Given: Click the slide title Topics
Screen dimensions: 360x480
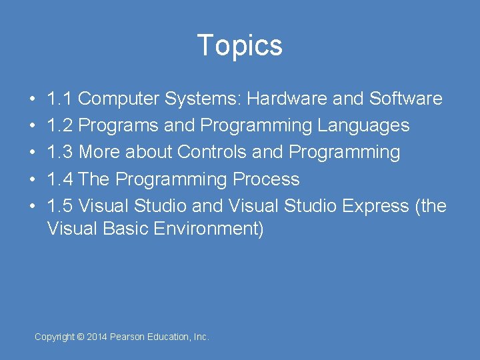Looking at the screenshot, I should (240, 45).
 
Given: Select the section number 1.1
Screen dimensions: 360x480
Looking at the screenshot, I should (60, 99).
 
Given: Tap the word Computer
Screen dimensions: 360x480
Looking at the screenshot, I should (118, 99).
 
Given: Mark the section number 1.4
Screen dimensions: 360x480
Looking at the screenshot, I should (60, 179).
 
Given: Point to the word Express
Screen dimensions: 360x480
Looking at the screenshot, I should (375, 206).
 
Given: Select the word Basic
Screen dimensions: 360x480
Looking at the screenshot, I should (126, 229).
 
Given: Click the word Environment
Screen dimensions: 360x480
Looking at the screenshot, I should (209, 229).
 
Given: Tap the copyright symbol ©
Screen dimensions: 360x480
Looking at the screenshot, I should (81, 337).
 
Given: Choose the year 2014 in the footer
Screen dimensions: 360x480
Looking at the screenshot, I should (97, 337).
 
